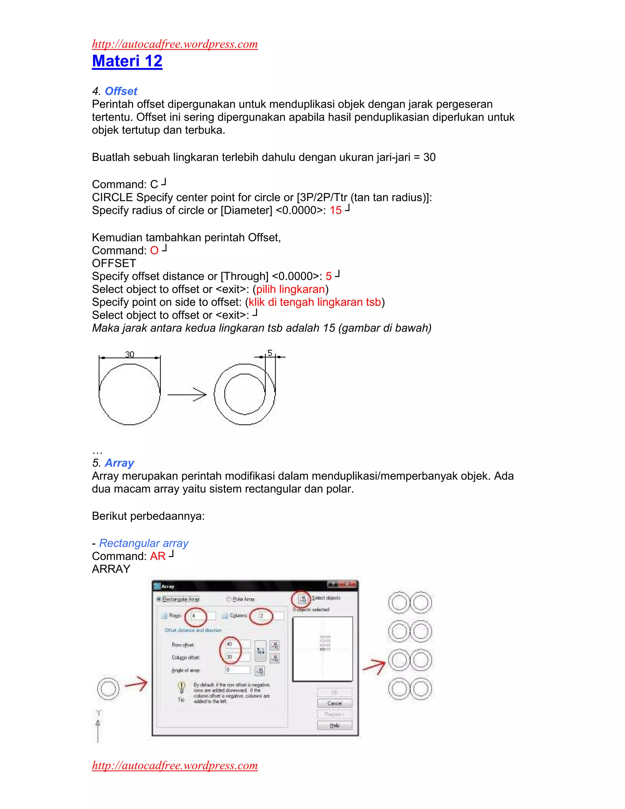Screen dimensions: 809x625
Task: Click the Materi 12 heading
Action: pos(127,61)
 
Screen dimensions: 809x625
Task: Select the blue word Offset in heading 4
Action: pos(121,91)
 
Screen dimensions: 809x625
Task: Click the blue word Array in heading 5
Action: pos(119,463)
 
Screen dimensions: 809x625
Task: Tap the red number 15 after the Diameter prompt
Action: pos(335,210)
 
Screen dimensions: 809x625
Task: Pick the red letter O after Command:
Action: pos(154,251)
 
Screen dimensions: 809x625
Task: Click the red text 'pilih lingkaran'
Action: pos(290,289)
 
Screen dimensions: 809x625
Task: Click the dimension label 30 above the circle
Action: pos(130,354)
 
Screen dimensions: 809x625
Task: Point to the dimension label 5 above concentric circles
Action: pos(269,353)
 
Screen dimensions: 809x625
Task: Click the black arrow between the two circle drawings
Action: pos(187,394)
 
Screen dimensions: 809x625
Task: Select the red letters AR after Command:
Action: pos(158,556)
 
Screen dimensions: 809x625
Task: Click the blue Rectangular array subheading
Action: pos(144,543)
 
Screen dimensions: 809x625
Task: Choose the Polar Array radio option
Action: pos(229,599)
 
